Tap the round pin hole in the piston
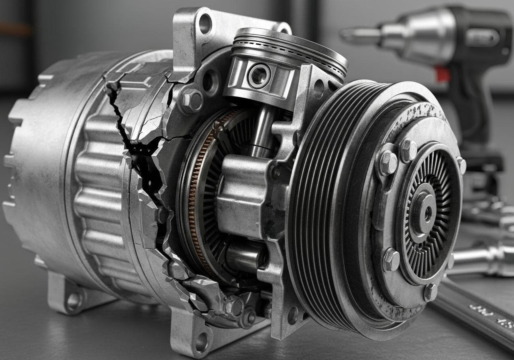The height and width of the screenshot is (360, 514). click(259, 76)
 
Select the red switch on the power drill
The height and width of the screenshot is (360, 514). click(442, 74)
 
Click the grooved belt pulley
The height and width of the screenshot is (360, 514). click(317, 201)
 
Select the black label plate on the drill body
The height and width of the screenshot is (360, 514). click(482, 38)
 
